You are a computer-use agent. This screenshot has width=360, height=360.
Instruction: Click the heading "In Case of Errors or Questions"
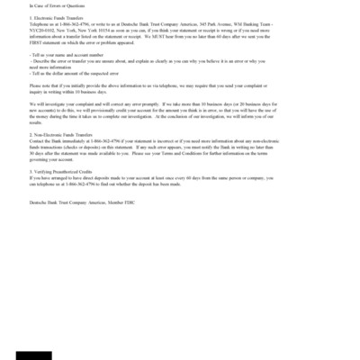51,6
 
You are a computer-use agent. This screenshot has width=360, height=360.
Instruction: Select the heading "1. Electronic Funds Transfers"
55,17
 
